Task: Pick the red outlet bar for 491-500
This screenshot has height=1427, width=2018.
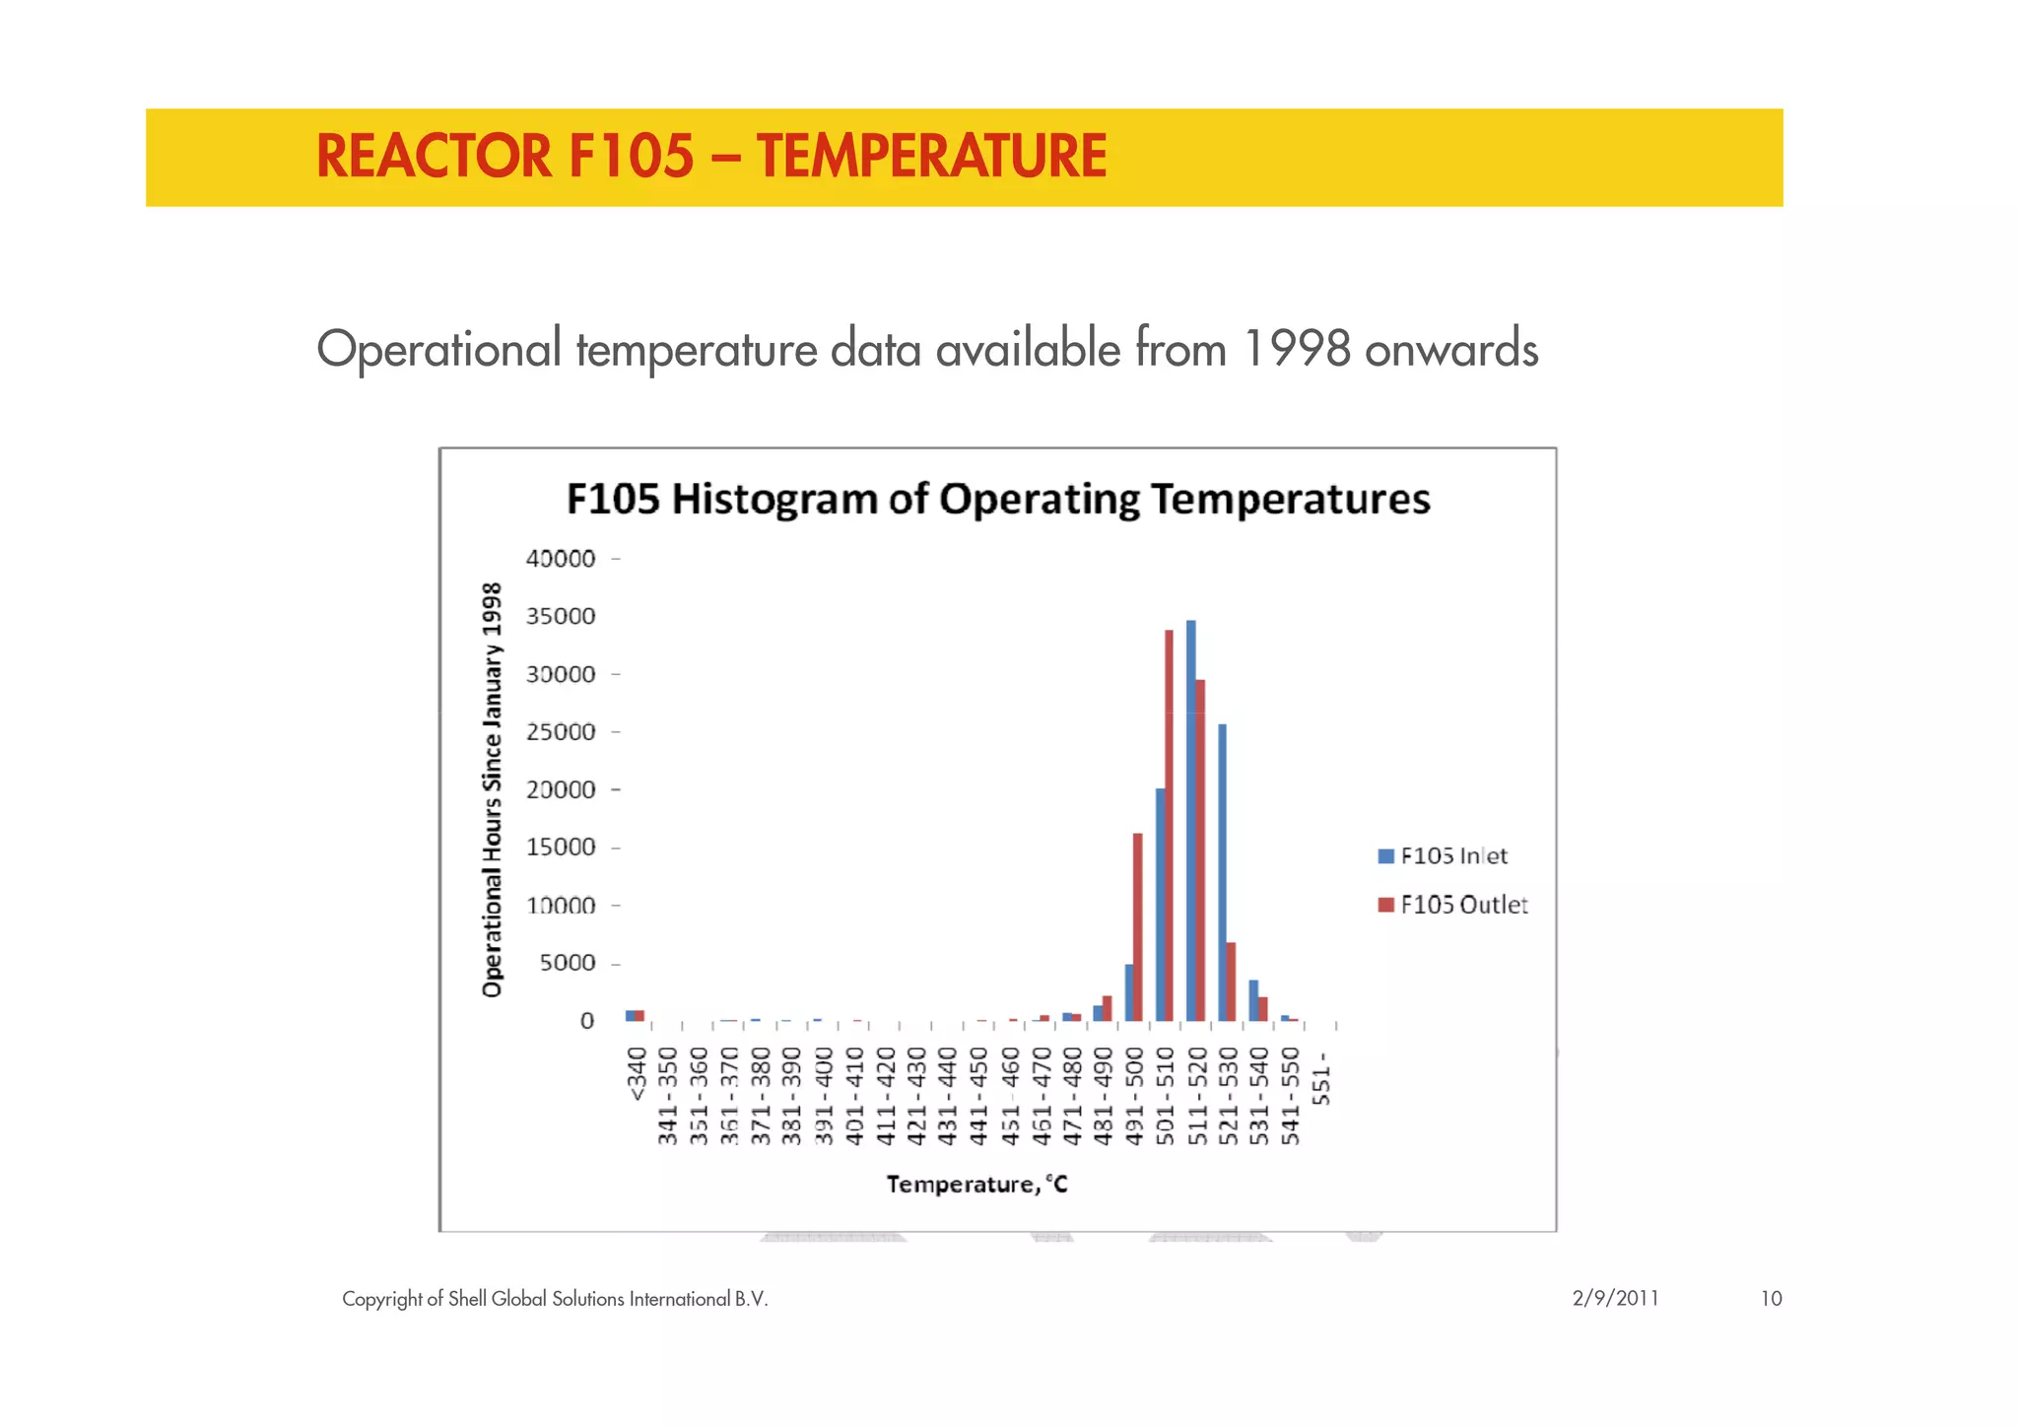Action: point(1137,926)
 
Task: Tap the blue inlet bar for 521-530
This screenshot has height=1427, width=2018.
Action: point(1222,872)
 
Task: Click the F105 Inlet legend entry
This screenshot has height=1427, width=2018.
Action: point(1443,855)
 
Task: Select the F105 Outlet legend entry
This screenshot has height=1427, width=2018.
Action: point(1452,905)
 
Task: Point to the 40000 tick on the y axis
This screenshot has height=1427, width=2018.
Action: point(561,559)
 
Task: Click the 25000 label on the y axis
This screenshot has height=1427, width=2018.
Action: point(561,732)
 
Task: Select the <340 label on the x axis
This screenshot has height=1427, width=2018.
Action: point(637,1075)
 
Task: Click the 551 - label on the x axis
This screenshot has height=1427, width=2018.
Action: point(1322,1079)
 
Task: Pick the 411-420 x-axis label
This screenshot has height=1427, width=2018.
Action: point(886,1097)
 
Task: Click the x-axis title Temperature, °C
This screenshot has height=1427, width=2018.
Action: point(976,1184)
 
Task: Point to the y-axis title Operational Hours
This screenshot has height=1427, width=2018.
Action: point(492,789)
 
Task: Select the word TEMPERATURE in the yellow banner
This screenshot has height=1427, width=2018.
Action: point(932,157)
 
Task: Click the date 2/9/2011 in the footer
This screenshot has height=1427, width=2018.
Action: point(1615,1298)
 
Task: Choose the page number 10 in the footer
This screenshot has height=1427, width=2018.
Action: point(1771,1298)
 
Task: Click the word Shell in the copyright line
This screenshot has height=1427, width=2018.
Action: point(467,1298)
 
